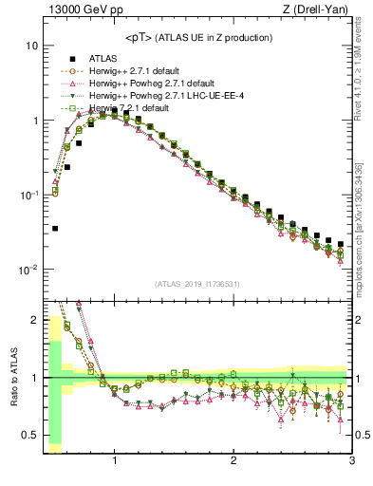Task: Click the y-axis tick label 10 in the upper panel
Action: point(31,46)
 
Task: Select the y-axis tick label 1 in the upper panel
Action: point(34,121)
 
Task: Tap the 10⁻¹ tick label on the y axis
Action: point(29,195)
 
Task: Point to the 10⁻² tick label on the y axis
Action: point(29,270)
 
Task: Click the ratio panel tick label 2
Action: point(34,320)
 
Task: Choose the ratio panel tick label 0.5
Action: point(30,436)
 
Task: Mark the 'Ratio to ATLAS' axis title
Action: point(12,378)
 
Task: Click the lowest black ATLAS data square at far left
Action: point(55,229)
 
